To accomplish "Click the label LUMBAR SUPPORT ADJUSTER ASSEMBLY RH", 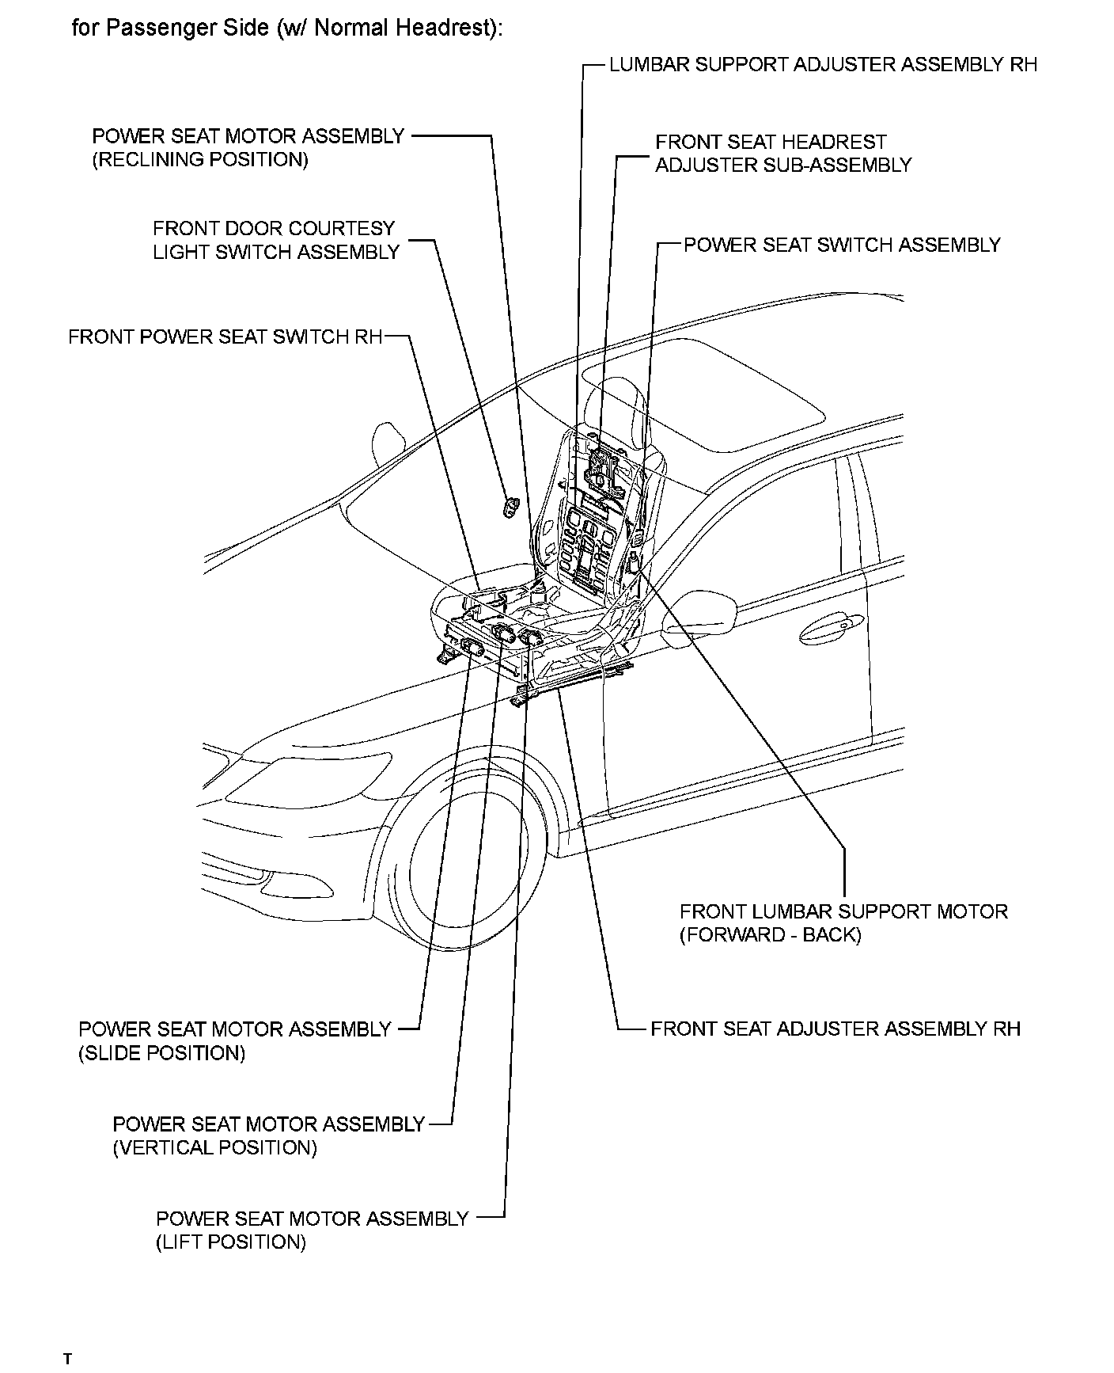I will [x=823, y=65].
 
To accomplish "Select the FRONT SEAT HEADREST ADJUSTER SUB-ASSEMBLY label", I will [x=782, y=154].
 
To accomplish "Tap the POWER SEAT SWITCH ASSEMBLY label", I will [x=842, y=245].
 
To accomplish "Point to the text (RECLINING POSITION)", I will [x=200, y=159].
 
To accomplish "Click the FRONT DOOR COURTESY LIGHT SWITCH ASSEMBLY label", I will [x=275, y=240].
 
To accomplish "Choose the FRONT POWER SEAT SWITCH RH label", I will [x=225, y=337].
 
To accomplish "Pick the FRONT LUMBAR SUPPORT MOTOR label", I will [x=843, y=911].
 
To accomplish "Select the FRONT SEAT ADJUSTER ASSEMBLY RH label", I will [x=835, y=1029].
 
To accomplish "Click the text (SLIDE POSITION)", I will [x=162, y=1053].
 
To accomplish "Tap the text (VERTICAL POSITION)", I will [x=214, y=1147].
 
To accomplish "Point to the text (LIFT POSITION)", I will [x=231, y=1242].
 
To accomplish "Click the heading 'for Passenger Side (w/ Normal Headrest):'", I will [x=287, y=29].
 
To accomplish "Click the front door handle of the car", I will [x=827, y=629].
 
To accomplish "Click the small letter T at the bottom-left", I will [x=68, y=1360].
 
